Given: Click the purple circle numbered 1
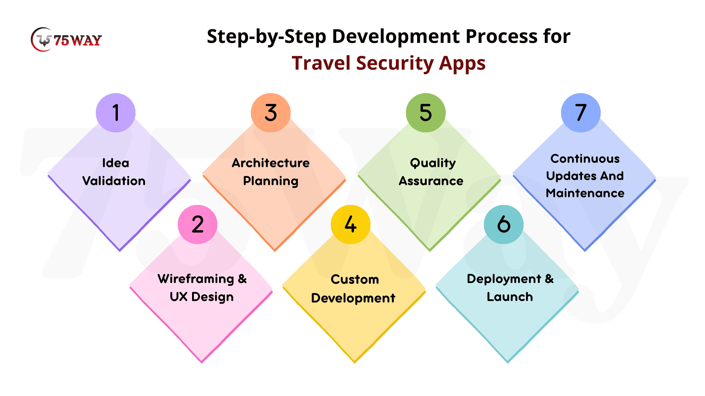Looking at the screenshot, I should pos(116,113).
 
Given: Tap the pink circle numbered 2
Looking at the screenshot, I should pos(198,224).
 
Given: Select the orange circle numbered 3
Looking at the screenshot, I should pos(271,113).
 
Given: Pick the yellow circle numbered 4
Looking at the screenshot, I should pos(351,224).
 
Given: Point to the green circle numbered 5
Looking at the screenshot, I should pos(426,113).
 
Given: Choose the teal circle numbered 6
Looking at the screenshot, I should pos(504,224).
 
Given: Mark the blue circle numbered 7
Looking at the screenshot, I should pos(581,113).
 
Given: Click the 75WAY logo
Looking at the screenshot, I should pos(66,40).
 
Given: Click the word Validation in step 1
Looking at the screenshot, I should pos(114,181).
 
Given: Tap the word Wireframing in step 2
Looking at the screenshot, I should pos(196,279).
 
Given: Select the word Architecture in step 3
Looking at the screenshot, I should pos(271,163).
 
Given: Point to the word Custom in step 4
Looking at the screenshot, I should pos(355,279).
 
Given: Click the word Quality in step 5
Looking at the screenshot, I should pos(433,163).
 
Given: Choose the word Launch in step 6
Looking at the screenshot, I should pos(510,297).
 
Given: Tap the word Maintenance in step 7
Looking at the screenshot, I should pos(585,193).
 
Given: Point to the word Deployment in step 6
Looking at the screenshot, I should pos(504,279).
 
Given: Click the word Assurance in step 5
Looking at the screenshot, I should pos(431,181).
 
